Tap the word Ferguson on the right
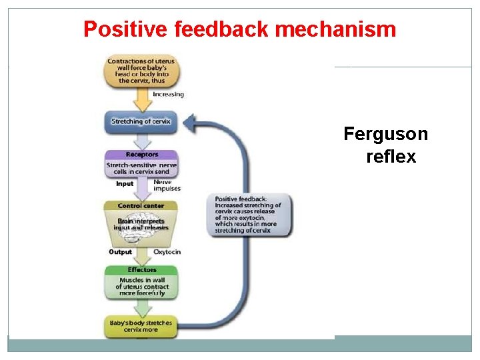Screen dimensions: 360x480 (x=385, y=134)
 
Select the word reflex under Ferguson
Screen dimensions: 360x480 (x=391, y=157)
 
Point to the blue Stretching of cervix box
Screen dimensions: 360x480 (x=141, y=121)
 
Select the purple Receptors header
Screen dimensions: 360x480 (x=141, y=155)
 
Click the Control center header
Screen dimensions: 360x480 (x=141, y=206)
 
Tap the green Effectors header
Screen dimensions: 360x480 (x=141, y=270)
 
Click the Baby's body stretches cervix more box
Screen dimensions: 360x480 (x=141, y=327)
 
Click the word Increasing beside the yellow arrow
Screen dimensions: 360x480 (x=168, y=95)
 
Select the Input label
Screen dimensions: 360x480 (x=125, y=184)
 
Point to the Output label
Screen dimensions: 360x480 (x=120, y=252)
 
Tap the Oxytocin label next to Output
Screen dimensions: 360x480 (x=167, y=252)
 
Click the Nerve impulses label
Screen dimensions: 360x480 (x=167, y=185)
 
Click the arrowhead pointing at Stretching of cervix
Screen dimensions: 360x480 (x=191, y=121)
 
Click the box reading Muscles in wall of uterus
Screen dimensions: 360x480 (x=141, y=287)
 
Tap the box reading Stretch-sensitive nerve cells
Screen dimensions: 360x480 (x=141, y=168)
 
